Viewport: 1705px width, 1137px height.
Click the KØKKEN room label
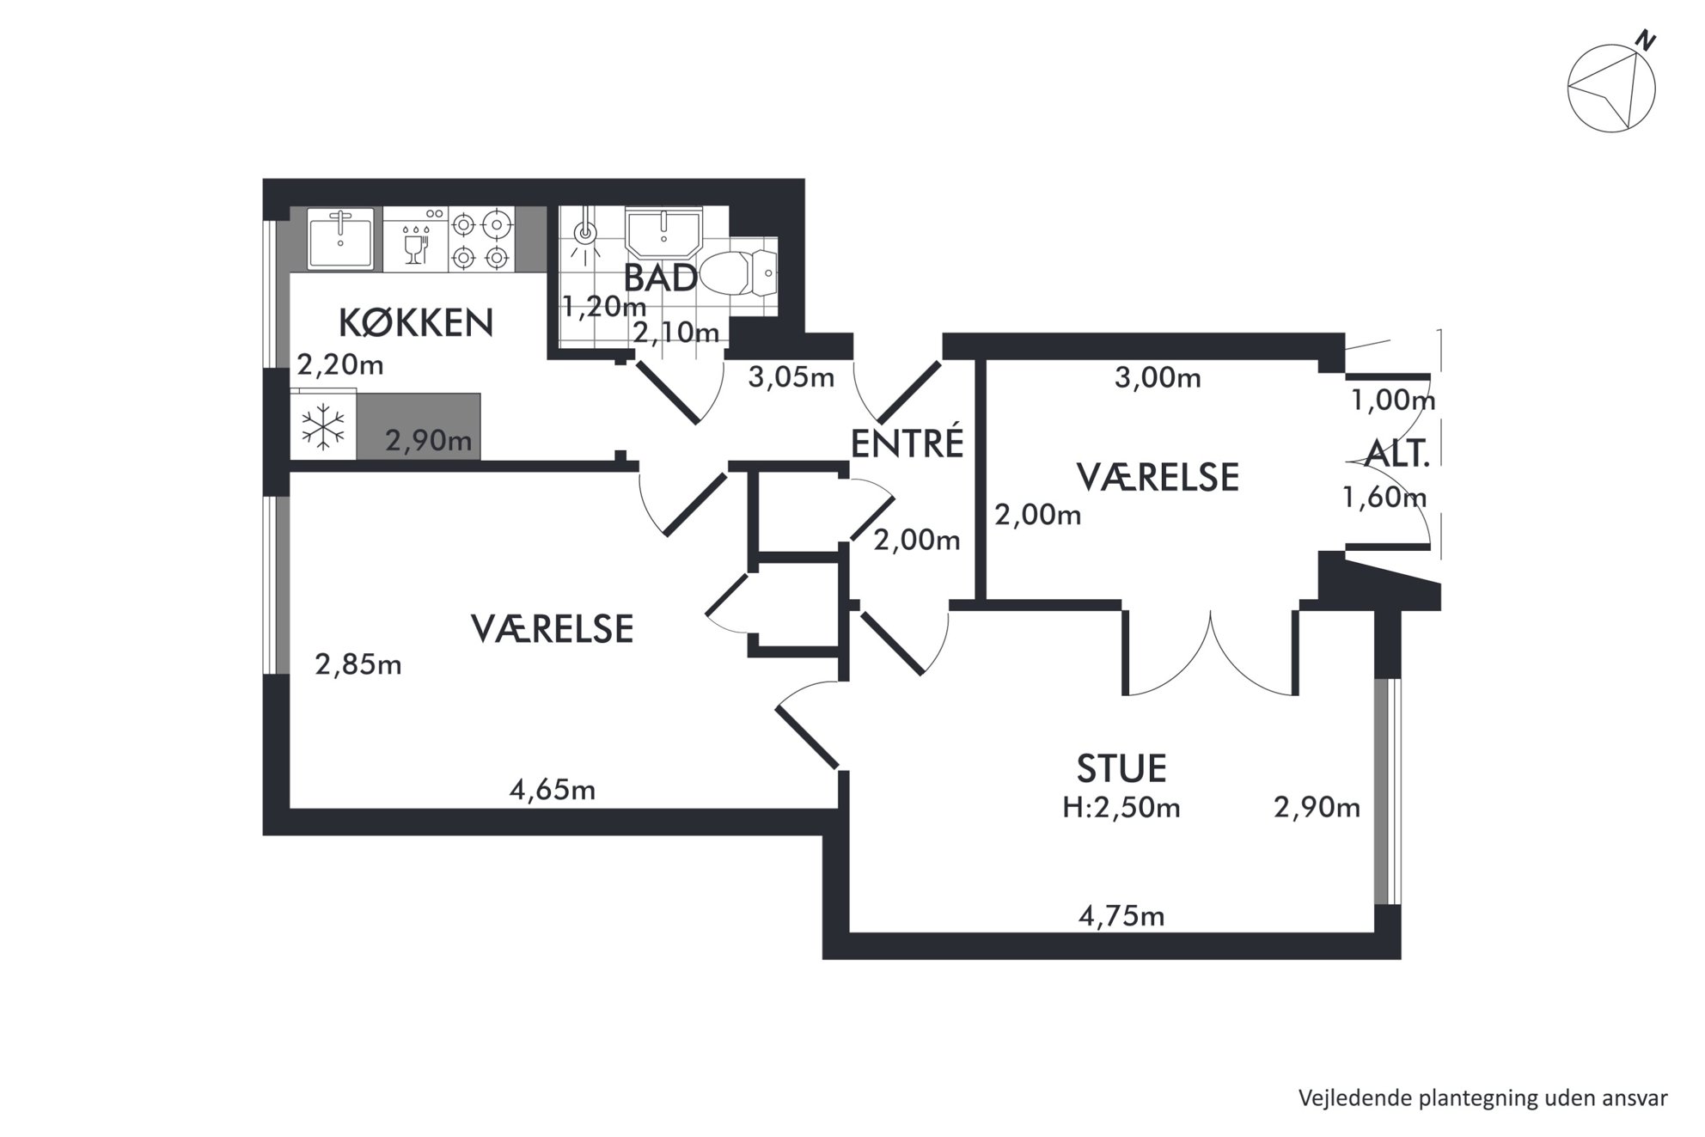(416, 323)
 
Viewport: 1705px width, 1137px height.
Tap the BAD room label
(660, 278)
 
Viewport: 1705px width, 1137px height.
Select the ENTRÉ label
(907, 443)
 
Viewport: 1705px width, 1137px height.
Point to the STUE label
(1121, 768)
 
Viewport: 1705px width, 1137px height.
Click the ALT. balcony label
(1398, 454)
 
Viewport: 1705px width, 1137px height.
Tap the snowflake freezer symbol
(322, 425)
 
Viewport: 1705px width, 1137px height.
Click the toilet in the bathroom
(739, 273)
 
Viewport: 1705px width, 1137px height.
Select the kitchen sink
(340, 238)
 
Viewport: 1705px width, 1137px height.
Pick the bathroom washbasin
(663, 230)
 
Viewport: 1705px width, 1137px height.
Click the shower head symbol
(585, 232)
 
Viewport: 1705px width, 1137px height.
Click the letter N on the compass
(1646, 40)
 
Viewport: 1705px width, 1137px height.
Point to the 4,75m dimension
(1121, 916)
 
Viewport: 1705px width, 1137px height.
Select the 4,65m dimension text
(553, 790)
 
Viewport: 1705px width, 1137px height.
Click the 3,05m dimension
(791, 377)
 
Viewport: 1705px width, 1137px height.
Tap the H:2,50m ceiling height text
(1121, 808)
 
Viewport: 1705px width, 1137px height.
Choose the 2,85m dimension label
(358, 664)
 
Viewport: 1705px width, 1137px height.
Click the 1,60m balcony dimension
(1384, 498)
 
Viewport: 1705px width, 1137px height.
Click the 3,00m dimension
(1158, 377)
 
